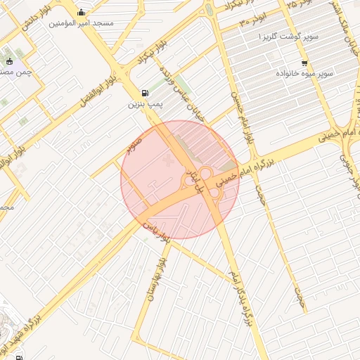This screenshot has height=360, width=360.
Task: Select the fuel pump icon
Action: tap(145, 92)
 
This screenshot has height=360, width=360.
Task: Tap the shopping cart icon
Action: tap(303, 62)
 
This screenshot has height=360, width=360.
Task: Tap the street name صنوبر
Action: tap(134, 146)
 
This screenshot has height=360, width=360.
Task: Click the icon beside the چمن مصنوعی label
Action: tap(8, 60)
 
